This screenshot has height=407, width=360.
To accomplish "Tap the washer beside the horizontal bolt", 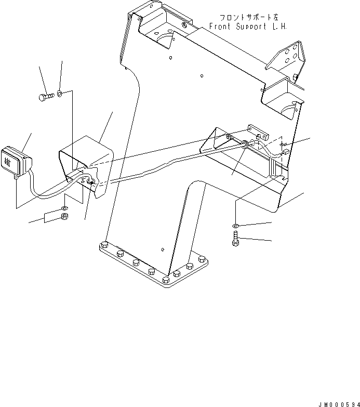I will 60,94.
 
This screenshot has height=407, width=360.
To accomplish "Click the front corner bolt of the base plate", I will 166,280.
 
